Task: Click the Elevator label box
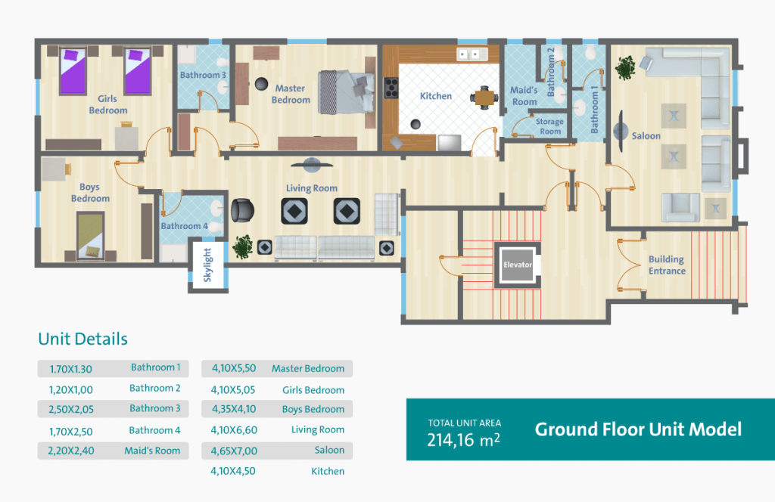tap(518, 265)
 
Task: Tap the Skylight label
tap(207, 265)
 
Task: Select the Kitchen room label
tap(436, 96)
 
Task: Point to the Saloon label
tap(646, 136)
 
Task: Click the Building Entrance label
tap(667, 265)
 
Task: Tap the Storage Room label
tap(549, 126)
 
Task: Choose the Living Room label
tap(311, 188)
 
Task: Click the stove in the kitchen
tap(391, 88)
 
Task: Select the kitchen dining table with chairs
tap(484, 98)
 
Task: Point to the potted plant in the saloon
tap(625, 67)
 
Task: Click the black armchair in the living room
tap(242, 211)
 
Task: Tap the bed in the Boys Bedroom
tap(91, 235)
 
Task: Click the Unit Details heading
tap(83, 339)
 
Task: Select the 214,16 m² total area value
tap(464, 439)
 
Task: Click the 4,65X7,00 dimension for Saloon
tap(234, 451)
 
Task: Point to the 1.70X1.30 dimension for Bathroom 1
tap(70, 369)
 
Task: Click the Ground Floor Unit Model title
tap(638, 429)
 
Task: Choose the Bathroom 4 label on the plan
tap(185, 226)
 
